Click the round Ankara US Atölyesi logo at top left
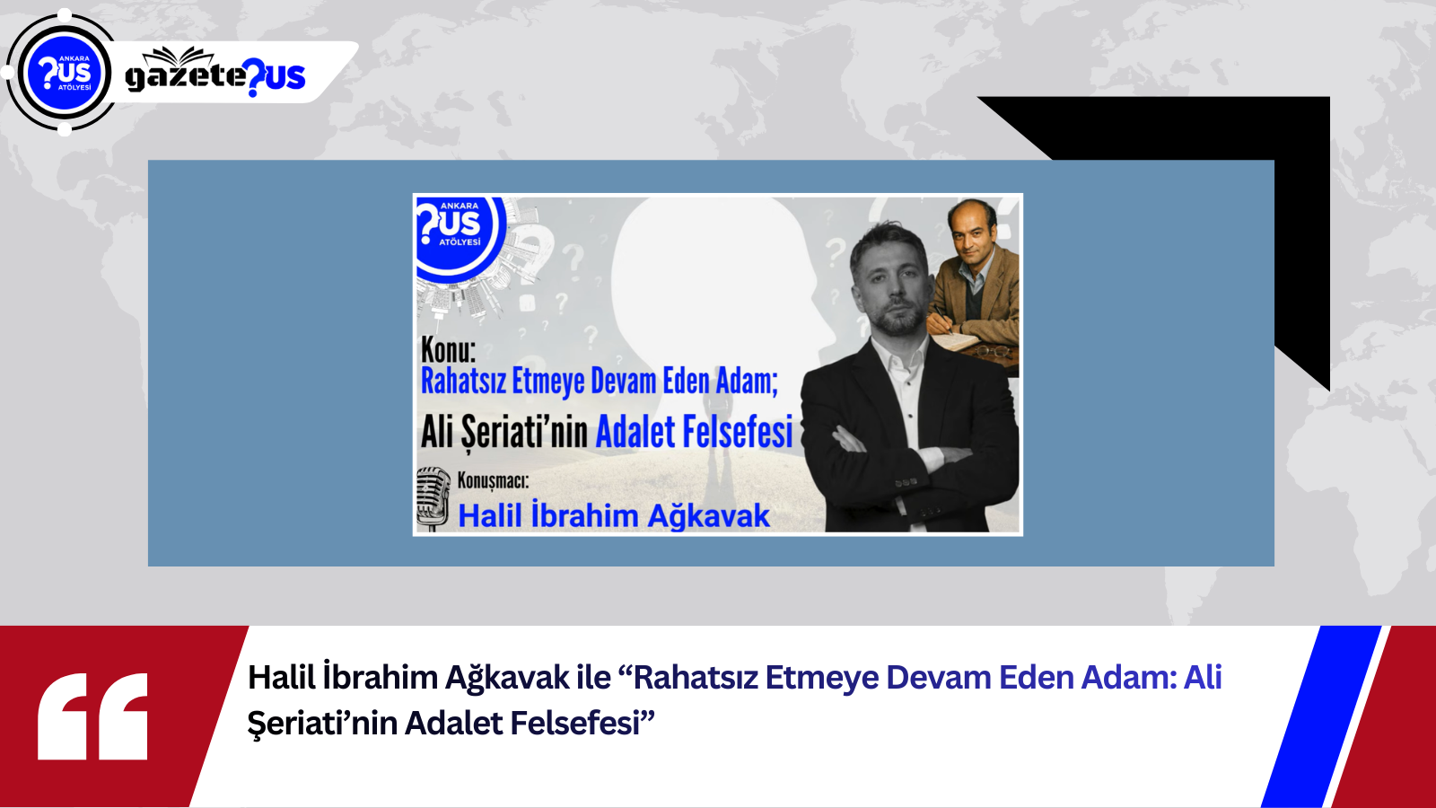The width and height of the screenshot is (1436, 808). (64, 73)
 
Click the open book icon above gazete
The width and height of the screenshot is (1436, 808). (178, 56)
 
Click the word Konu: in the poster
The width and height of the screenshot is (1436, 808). (448, 351)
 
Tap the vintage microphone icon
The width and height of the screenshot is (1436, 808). (433, 498)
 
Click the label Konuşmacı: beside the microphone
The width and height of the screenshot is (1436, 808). (493, 480)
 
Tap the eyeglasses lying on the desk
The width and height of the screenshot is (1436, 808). (993, 351)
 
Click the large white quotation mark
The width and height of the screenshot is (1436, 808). (92, 716)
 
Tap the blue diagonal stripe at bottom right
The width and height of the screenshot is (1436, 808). (1320, 716)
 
